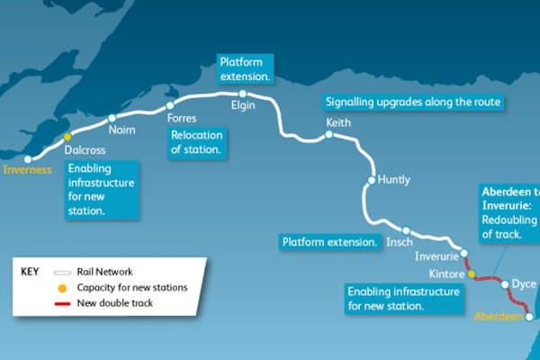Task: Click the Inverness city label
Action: [28, 168]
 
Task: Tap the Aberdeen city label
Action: [498, 316]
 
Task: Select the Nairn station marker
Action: [112, 118]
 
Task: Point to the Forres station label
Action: [183, 118]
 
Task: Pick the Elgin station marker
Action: [242, 92]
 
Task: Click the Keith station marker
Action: [329, 135]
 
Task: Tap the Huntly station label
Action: [394, 179]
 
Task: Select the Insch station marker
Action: [407, 229]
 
